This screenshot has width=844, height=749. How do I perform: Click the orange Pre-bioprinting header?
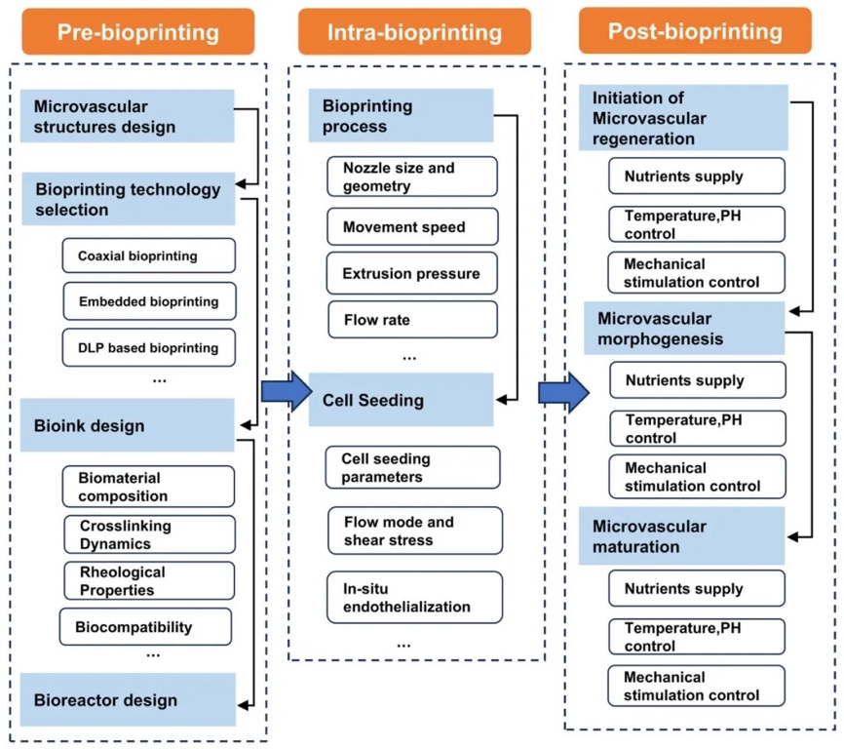coord(137,32)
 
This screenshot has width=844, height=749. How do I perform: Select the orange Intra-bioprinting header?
coord(414,32)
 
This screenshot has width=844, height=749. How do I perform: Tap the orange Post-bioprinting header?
coord(695,31)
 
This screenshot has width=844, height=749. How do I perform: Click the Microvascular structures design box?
coord(128,116)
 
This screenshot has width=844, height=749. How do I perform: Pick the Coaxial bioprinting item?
coord(148,256)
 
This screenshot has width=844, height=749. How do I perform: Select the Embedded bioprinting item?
coord(148,301)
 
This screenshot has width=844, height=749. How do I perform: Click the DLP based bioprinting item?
coord(148,346)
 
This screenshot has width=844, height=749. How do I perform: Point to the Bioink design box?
coord(128,426)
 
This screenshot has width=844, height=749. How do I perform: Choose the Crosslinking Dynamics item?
coord(148,534)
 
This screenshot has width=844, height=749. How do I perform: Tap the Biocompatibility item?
coord(146,627)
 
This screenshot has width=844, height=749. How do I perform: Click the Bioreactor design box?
coord(128,699)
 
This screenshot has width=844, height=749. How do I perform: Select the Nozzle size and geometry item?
coord(412,177)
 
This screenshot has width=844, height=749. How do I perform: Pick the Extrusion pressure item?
coord(412,274)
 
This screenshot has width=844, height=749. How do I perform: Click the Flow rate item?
coord(412,320)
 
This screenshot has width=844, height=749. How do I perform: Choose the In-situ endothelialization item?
coord(414,598)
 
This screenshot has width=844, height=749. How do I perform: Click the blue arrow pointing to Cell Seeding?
coord(281,391)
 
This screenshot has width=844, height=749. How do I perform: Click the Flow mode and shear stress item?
coord(414,531)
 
